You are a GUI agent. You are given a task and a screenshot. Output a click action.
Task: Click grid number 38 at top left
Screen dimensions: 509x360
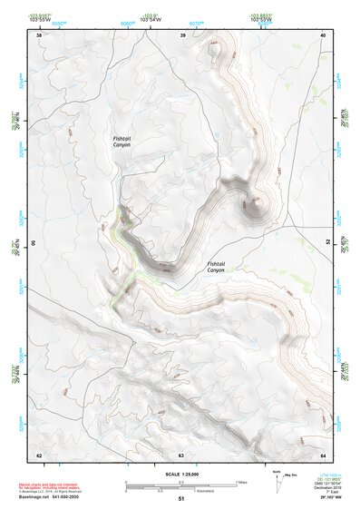[38, 35]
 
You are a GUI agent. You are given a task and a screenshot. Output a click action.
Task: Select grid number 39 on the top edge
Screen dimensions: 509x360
[182, 35]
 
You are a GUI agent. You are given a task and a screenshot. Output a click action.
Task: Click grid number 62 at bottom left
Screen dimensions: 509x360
[38, 454]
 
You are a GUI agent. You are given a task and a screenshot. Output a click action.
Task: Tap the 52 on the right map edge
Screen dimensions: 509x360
[326, 242]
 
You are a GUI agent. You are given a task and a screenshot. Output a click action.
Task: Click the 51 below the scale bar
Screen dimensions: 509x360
[180, 499]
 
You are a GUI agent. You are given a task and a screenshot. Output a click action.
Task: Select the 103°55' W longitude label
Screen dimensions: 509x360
[63, 19]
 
